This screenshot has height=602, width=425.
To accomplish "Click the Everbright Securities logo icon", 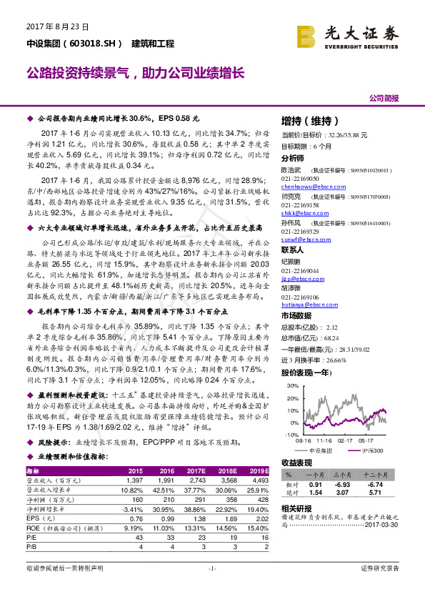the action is pos(309,34).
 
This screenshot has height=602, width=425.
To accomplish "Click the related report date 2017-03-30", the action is pos(384,523).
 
